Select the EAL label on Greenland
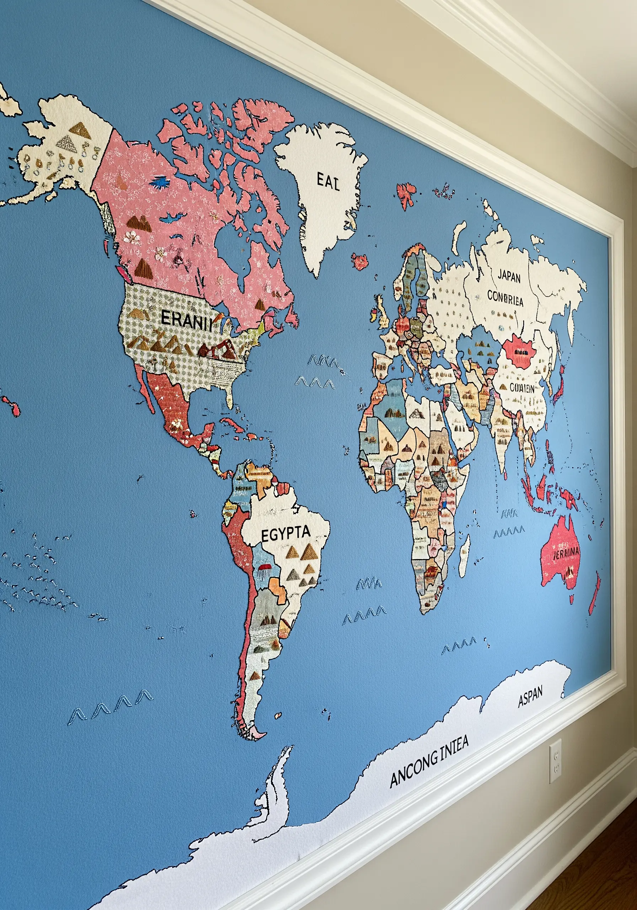coord(328,182)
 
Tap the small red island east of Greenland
coord(360,262)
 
